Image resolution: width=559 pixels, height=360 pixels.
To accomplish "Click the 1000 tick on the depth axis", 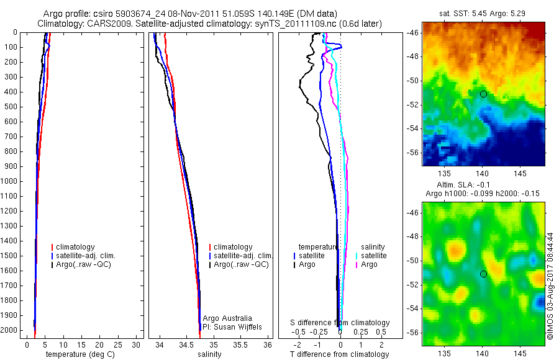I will point(11,181).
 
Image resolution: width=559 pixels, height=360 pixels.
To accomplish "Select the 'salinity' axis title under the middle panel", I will point(209,354).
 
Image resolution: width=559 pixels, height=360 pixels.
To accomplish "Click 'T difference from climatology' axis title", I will point(339,354).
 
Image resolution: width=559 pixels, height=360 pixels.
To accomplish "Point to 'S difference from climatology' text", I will point(340,323).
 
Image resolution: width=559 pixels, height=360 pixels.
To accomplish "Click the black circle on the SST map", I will point(483,94).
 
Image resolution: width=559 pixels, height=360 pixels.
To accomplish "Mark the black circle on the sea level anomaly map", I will point(483,274).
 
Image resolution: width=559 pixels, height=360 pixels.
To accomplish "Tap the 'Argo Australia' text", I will point(227,318).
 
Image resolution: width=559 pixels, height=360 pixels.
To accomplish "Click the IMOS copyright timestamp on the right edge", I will point(550,286).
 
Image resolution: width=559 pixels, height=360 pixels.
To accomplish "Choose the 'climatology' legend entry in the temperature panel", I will point(78,247).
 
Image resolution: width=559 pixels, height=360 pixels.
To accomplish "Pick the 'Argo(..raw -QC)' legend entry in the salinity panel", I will point(241,264).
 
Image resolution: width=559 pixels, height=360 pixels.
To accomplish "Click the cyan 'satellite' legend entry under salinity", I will point(374,256).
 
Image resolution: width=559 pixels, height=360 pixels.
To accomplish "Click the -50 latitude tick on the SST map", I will point(413,81).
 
